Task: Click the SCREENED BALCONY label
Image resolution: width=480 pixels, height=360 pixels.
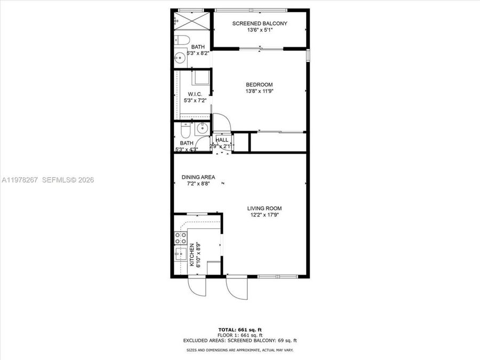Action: coord(260,23)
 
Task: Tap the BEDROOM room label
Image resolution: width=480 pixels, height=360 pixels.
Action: coord(259,85)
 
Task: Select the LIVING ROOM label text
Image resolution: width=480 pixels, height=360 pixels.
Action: coord(264,209)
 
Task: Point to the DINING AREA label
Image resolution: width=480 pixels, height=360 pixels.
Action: coord(198,177)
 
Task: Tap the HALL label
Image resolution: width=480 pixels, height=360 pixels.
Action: coord(222,140)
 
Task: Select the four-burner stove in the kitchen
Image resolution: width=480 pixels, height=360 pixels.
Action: coord(180,237)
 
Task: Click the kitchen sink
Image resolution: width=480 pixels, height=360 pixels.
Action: coord(180,253)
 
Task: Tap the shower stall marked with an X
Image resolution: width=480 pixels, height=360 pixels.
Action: coord(191,22)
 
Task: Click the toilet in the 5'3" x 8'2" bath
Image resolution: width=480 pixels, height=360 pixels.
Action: coord(180,40)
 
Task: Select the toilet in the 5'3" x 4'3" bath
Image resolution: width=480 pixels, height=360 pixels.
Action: coord(185,130)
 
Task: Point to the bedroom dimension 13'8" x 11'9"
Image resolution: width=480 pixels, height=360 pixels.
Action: coord(259,91)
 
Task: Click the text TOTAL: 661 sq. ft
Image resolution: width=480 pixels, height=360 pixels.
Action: coord(239,329)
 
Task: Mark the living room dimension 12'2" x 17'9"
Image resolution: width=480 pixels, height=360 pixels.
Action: coord(264,215)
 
